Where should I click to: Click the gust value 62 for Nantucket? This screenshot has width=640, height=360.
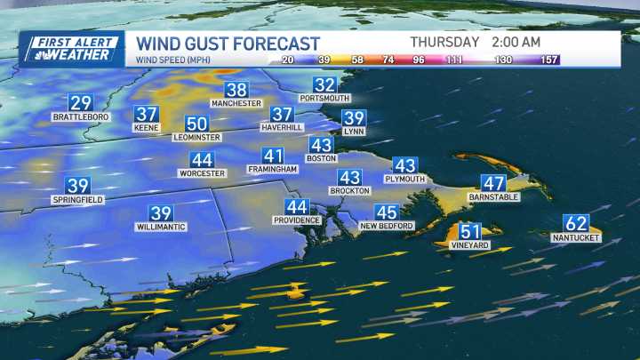pyautogui.click(x=576, y=224)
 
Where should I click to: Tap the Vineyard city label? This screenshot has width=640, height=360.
pyautogui.click(x=470, y=244)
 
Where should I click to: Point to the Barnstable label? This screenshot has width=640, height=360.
pyautogui.click(x=493, y=197)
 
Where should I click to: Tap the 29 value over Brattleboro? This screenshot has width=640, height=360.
pyautogui.click(x=80, y=103)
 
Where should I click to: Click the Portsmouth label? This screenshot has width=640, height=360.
pyautogui.click(x=325, y=98)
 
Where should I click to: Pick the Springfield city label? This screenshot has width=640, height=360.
pyautogui.click(x=78, y=200)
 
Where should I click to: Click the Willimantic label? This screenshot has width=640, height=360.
pyautogui.click(x=161, y=227)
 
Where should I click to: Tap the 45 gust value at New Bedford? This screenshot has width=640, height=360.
pyautogui.click(x=386, y=212)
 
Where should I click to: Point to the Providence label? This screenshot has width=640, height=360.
pyautogui.click(x=296, y=220)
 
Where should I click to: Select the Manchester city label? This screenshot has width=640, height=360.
pyautogui.click(x=236, y=103)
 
